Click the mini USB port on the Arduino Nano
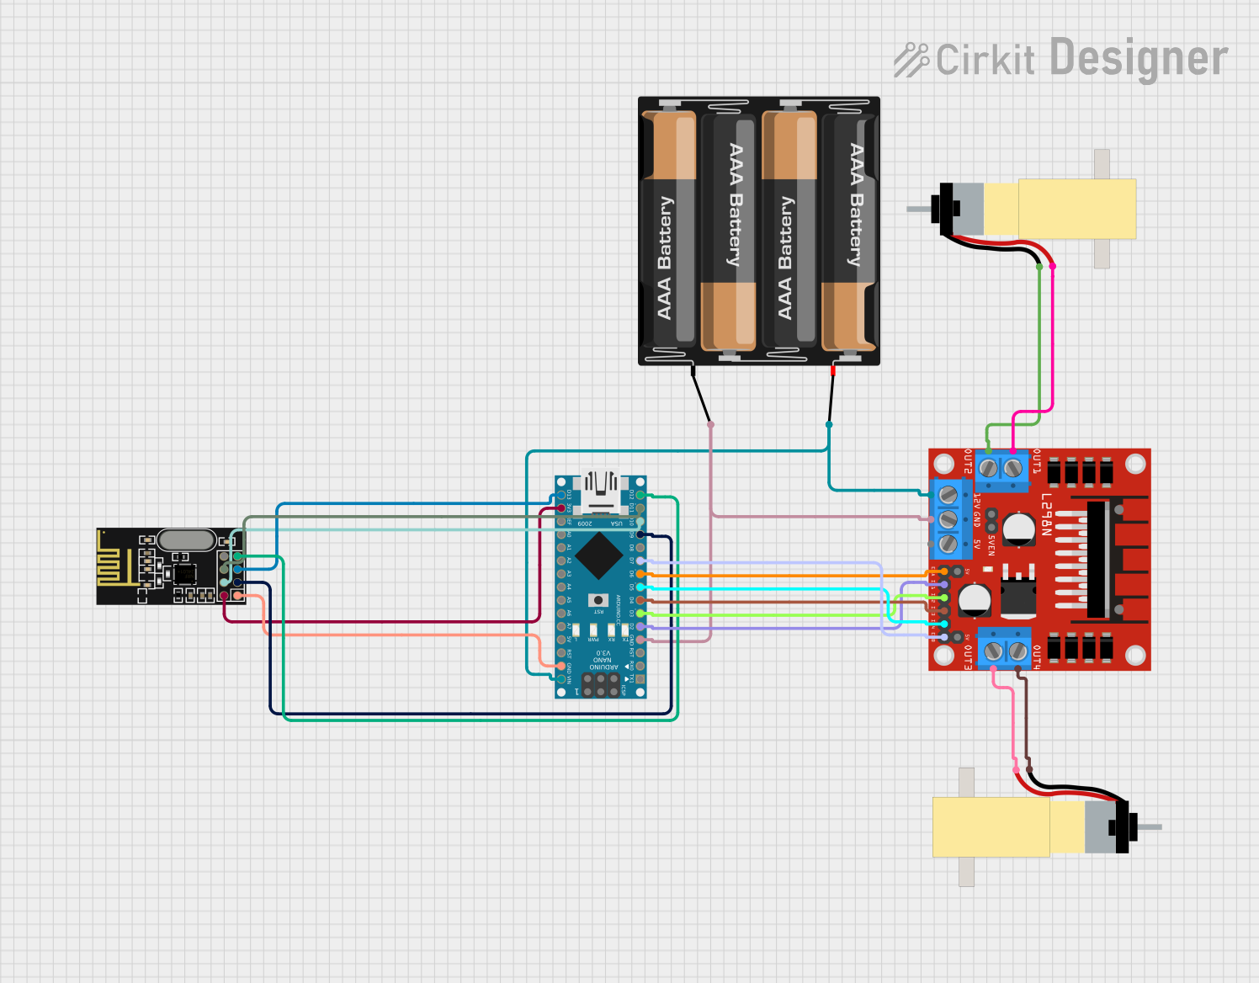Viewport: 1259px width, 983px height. point(600,491)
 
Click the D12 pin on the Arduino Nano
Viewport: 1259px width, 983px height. point(640,495)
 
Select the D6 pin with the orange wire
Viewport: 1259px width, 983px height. point(640,574)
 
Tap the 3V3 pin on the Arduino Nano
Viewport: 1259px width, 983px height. point(561,508)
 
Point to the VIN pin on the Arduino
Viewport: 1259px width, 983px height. point(561,678)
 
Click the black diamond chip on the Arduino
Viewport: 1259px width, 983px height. point(599,555)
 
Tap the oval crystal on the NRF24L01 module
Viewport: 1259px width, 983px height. point(186,539)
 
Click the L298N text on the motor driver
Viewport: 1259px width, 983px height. point(1046,514)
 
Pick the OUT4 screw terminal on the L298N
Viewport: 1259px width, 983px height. point(1018,651)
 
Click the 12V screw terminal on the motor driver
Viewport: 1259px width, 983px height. point(948,494)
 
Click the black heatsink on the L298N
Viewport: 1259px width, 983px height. point(1097,559)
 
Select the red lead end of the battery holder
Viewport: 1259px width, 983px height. point(833,369)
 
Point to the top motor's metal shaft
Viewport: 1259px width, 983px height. point(918,207)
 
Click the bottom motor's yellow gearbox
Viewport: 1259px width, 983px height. point(991,826)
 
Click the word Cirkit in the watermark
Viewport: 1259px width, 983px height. point(985,61)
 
